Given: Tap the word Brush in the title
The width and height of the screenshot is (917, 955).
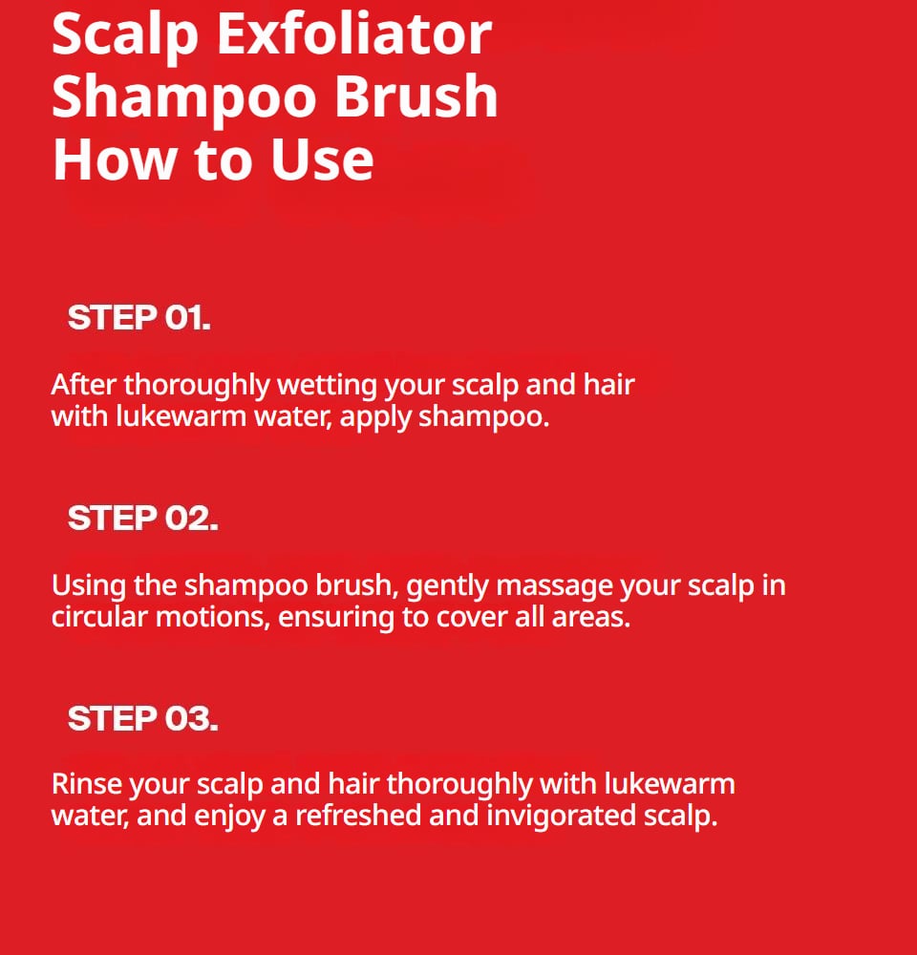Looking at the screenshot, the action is (x=416, y=96).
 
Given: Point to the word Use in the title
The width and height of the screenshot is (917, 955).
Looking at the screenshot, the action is (x=322, y=159).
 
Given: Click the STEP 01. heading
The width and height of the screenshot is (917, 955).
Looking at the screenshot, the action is (x=139, y=317).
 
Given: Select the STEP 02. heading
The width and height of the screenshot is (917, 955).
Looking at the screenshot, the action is (x=142, y=518).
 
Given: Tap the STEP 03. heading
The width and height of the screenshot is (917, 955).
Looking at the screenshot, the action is (x=142, y=718).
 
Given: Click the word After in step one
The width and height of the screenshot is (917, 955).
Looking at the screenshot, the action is (x=83, y=385).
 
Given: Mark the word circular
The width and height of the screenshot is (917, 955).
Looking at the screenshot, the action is (x=100, y=617).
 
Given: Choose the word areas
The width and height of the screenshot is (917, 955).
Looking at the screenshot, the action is (x=591, y=618).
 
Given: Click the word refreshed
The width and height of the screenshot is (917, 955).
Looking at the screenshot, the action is (x=358, y=816).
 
